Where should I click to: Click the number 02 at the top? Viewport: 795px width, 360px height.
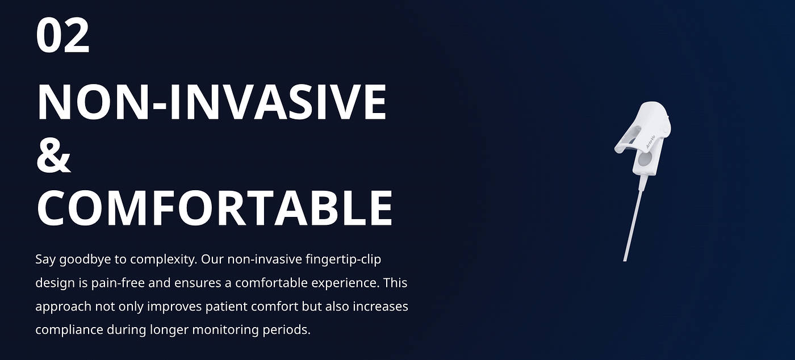pyautogui.click(x=62, y=36)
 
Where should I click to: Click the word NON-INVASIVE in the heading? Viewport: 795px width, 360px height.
pyautogui.click(x=212, y=102)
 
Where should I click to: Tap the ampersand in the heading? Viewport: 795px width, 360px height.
pyautogui.click(x=53, y=155)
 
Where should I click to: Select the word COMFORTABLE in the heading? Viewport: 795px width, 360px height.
pyautogui.click(x=215, y=208)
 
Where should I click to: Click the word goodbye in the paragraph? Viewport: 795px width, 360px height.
pyautogui.click(x=86, y=260)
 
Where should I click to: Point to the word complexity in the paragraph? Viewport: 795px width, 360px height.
pyautogui.click(x=164, y=260)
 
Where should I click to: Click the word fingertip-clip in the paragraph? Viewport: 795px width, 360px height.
pyautogui.click(x=343, y=259)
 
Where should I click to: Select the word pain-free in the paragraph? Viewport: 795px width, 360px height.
pyautogui.click(x=118, y=283)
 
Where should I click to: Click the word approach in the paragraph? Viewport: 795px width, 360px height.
pyautogui.click(x=63, y=307)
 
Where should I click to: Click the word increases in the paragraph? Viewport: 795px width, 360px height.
pyautogui.click(x=380, y=307)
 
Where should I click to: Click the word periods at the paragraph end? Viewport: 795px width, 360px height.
pyautogui.click(x=286, y=330)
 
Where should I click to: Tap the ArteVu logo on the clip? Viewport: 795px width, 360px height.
pyautogui.click(x=650, y=141)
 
